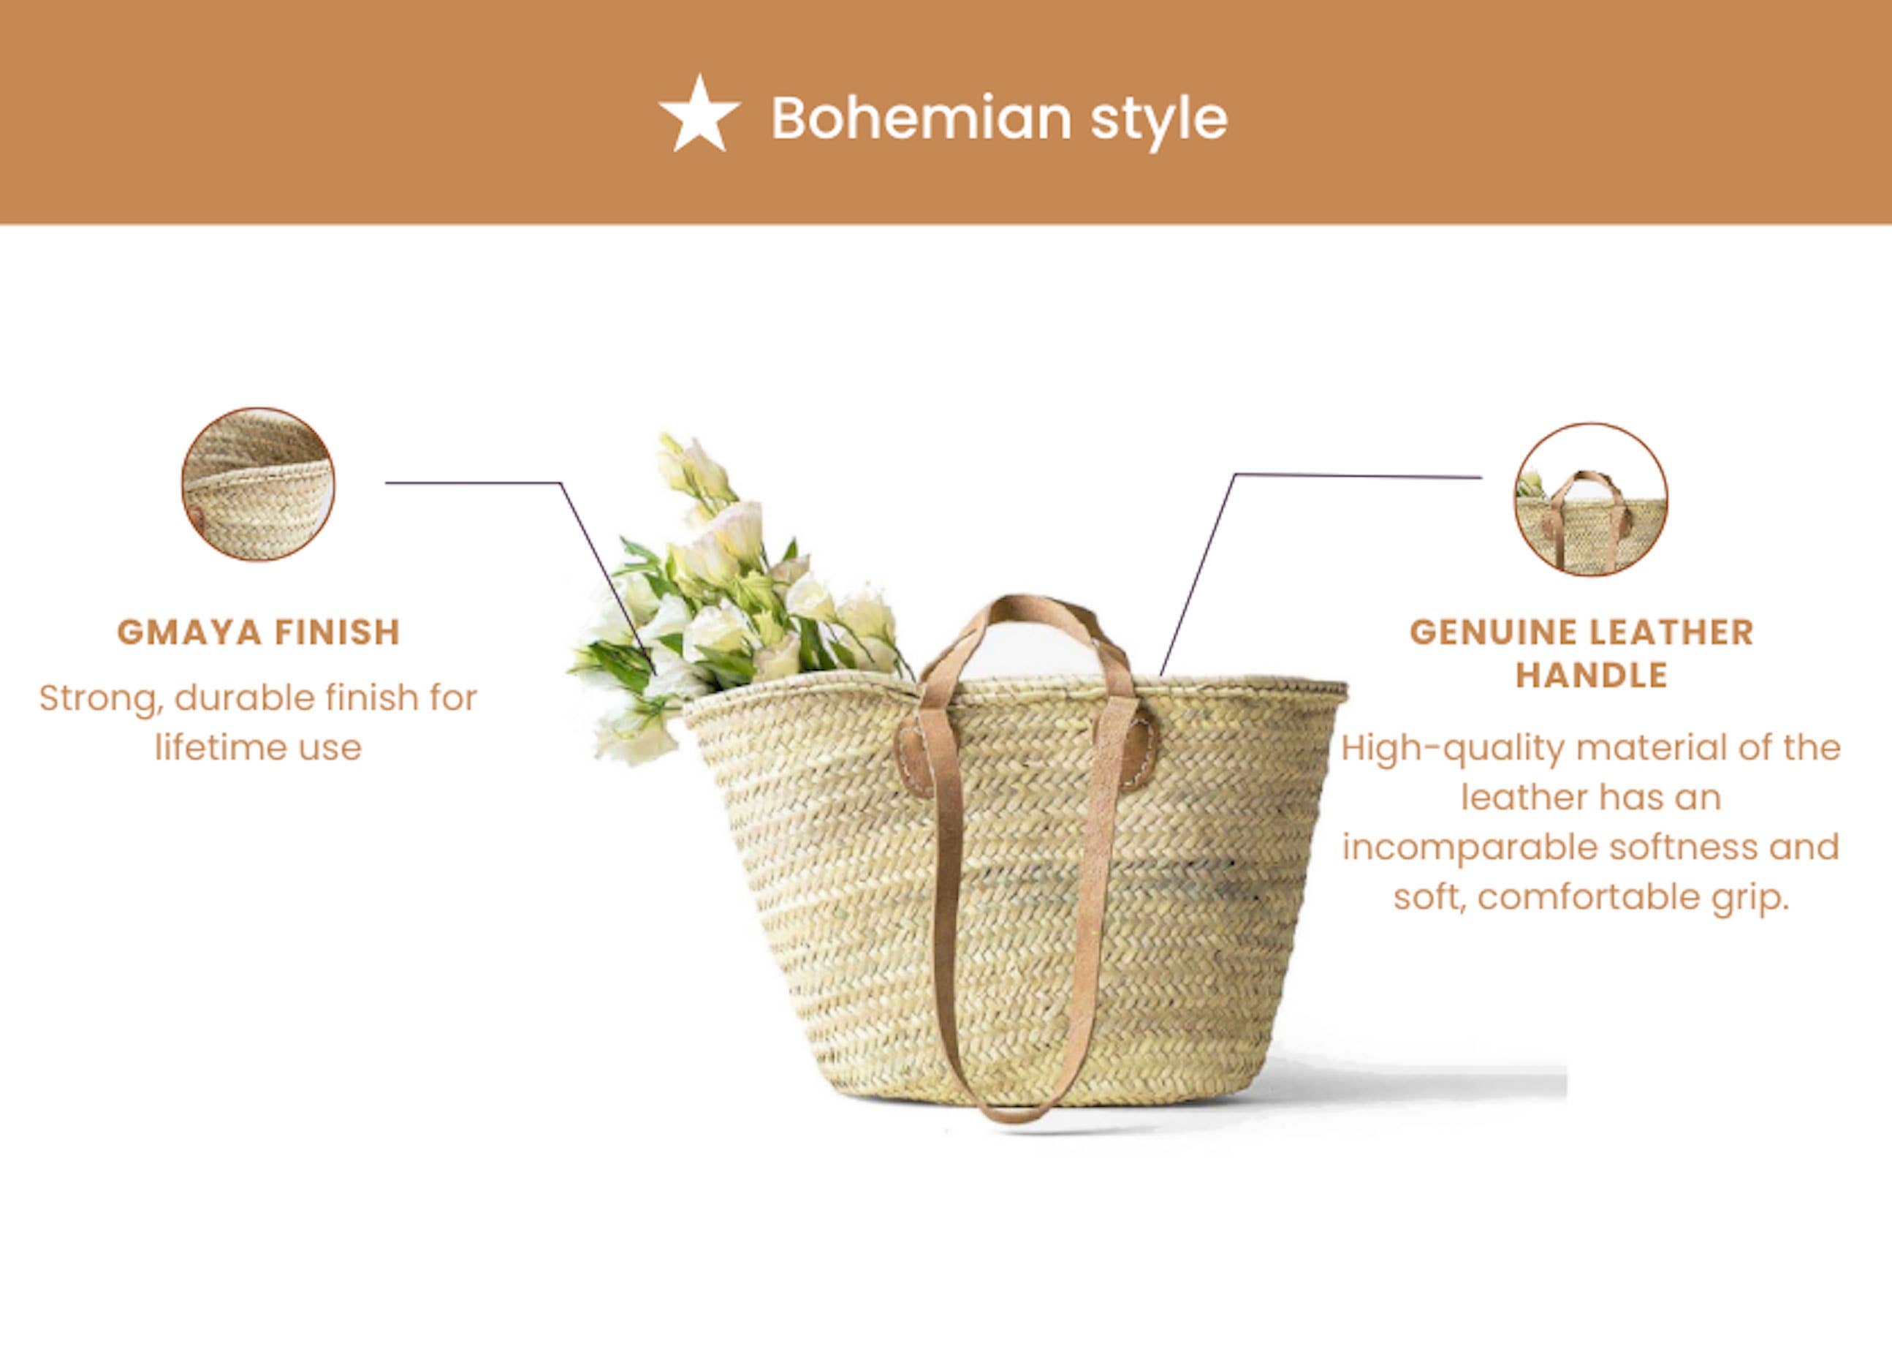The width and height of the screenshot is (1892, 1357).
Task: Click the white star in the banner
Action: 699,116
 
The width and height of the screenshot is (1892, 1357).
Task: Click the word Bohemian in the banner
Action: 921,118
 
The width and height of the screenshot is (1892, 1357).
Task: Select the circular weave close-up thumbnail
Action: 259,484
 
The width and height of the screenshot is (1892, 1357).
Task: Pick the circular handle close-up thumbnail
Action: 1591,499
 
